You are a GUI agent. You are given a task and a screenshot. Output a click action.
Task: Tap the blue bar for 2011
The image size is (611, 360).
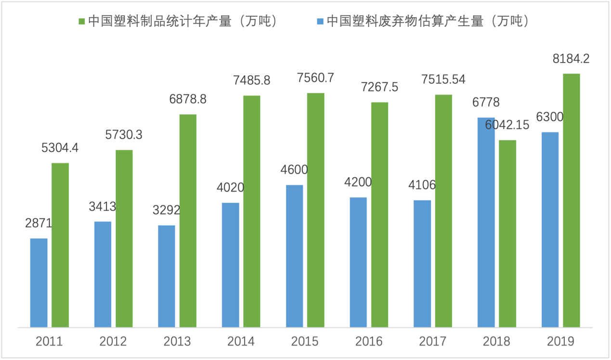(x=39, y=283)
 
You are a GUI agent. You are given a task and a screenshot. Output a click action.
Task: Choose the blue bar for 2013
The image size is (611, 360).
(x=167, y=276)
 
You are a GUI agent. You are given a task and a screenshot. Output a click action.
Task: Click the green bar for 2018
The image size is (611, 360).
(x=507, y=234)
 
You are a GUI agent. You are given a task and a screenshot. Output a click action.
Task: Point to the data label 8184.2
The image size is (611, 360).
(x=571, y=59)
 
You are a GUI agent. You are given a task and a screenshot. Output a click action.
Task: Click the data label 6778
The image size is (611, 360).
(x=485, y=103)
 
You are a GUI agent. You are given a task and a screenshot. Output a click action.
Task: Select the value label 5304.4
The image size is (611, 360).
(x=60, y=148)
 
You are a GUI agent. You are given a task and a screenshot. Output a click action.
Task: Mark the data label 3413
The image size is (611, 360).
(x=103, y=207)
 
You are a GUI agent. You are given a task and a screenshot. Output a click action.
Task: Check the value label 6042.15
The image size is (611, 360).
(x=507, y=126)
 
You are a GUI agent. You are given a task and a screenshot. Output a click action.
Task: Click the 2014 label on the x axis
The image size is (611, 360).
(x=241, y=341)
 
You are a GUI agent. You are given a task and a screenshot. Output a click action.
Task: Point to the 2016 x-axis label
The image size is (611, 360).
(x=369, y=341)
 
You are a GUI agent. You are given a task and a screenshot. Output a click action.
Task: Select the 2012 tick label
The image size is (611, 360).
(x=113, y=341)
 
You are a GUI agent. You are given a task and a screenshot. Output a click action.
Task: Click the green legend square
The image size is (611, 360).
(x=82, y=22)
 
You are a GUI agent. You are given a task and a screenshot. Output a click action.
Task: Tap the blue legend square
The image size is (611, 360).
(x=320, y=22)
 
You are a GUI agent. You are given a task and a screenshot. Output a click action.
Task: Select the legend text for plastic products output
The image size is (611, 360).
(x=183, y=22)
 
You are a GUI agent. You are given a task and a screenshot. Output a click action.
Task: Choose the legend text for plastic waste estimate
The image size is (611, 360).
(x=428, y=22)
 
